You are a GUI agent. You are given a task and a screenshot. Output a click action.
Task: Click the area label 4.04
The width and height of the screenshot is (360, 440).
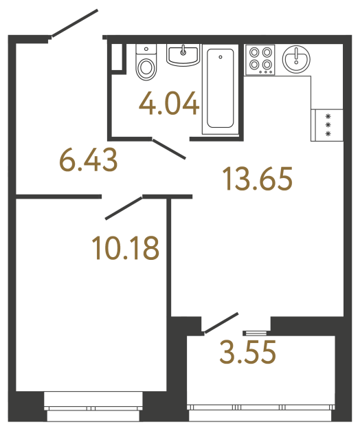pyautogui.click(x=169, y=105)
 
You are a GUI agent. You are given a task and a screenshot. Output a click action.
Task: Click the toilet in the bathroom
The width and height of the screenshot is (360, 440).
pyautogui.click(x=146, y=65)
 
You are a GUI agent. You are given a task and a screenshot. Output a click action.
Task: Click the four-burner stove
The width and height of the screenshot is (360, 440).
pyautogui.click(x=260, y=58)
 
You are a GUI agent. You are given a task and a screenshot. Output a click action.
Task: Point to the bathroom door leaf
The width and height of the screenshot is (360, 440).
pyautogui.click(x=168, y=149)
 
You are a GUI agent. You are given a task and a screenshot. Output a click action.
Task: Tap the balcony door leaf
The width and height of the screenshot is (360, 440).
pyautogui.click(x=221, y=324)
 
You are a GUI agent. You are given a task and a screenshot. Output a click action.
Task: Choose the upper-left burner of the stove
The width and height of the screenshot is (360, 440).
pyautogui.click(x=253, y=52)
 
